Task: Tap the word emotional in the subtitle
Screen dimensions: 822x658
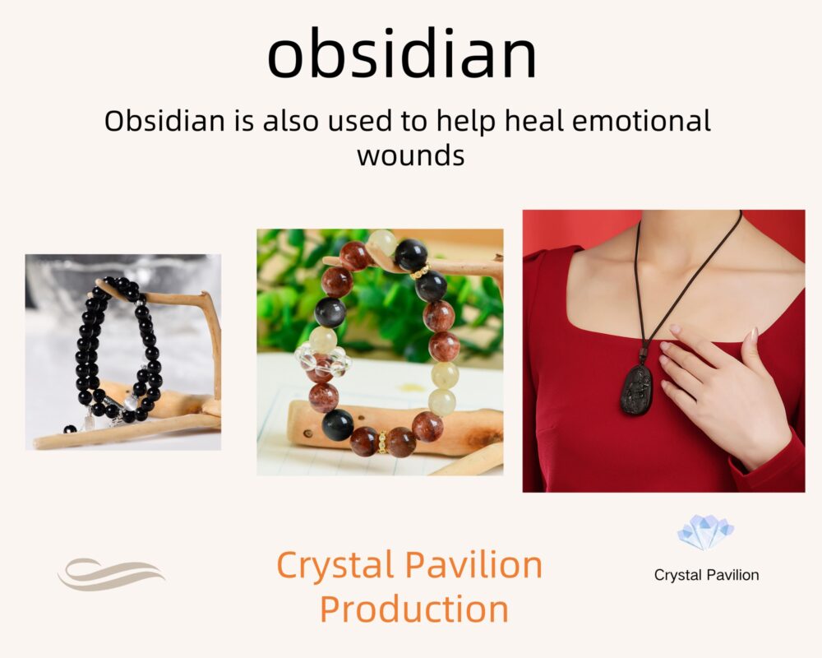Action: pos(641,121)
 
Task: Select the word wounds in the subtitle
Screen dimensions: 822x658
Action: pos(411,155)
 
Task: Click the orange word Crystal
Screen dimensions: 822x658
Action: pos(335,566)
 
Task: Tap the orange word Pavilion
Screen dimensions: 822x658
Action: pos(474,564)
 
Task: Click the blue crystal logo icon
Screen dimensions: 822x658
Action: pos(705,532)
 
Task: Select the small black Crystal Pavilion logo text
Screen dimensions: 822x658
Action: pos(706,575)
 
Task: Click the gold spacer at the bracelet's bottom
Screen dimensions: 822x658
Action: pos(383,442)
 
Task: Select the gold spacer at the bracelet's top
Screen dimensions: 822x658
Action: pos(419,271)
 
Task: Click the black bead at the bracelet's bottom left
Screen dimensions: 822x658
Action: pos(338,424)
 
